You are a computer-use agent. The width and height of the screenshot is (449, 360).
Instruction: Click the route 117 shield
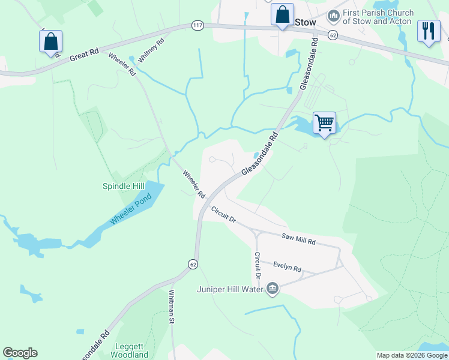[197, 25]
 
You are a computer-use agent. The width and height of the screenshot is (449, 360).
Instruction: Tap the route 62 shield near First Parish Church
[333, 36]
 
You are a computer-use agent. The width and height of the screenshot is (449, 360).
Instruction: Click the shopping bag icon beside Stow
[282, 14]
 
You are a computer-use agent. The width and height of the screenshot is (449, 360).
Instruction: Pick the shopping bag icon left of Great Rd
[51, 42]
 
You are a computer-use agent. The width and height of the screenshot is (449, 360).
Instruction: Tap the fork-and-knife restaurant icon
[428, 31]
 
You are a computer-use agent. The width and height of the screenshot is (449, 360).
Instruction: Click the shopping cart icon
[324, 123]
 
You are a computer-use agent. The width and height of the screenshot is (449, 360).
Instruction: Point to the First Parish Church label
[378, 17]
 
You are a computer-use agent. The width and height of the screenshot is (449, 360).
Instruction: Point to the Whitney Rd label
[151, 51]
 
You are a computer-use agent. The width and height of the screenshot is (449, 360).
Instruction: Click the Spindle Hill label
[124, 187]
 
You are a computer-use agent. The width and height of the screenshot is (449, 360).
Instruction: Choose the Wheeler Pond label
[131, 209]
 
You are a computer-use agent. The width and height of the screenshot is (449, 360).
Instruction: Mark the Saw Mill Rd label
[298, 240]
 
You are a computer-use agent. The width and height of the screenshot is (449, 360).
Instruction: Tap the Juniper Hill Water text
[231, 290]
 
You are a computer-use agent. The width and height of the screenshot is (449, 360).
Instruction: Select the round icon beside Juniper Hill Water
[273, 289]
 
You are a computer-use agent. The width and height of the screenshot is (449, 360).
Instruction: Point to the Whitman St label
[172, 308]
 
